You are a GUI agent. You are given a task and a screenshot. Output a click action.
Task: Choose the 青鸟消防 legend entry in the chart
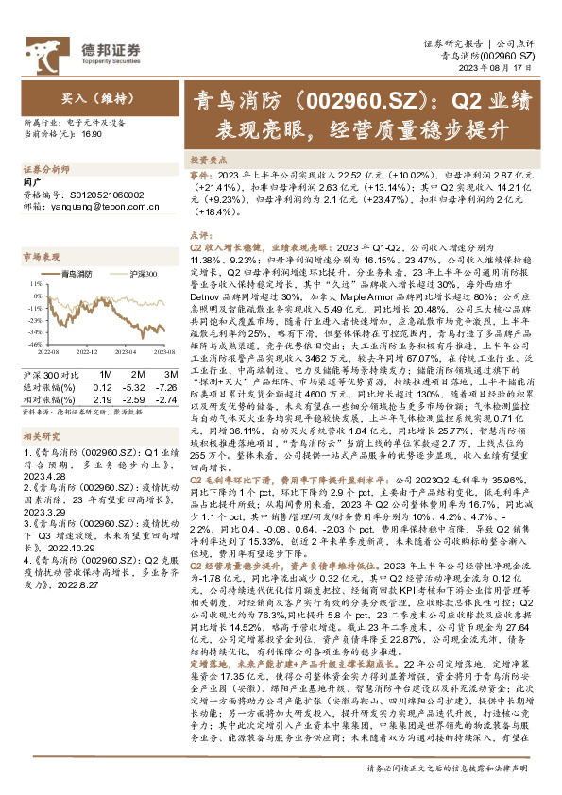75,274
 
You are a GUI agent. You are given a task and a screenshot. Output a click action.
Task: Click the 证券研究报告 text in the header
451,43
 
